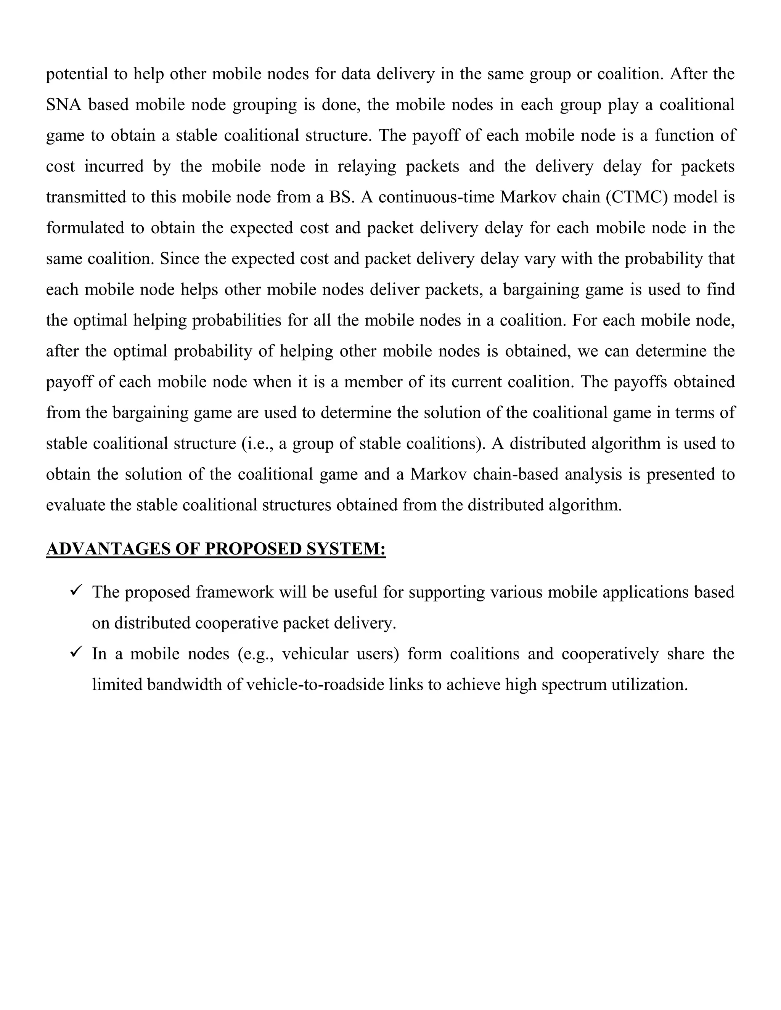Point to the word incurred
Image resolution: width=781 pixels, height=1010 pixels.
coord(114,167)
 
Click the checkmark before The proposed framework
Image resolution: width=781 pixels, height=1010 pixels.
coord(76,590)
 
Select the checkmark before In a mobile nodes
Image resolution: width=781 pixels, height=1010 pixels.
coord(76,652)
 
